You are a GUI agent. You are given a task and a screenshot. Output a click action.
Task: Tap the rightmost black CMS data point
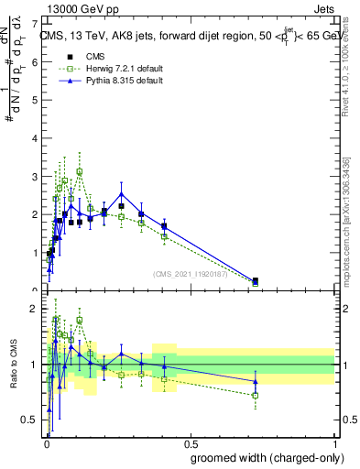(255, 280)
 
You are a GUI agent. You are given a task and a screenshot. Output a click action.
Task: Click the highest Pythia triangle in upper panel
(122, 193)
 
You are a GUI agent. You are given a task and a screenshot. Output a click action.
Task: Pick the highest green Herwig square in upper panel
(80, 171)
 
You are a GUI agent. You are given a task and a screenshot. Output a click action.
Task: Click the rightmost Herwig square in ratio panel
(255, 395)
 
